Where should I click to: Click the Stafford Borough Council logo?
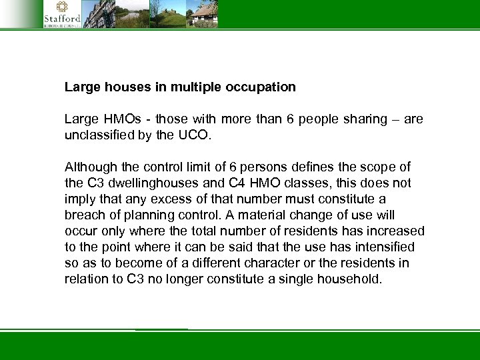[61, 13]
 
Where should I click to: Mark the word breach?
[82, 215]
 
